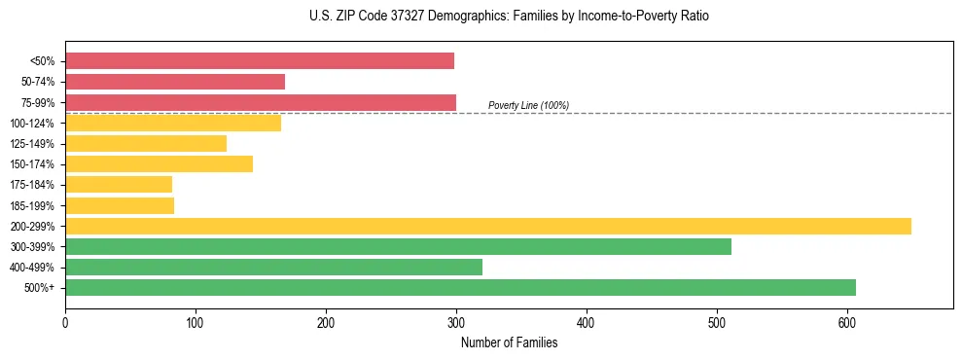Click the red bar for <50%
tap(260, 61)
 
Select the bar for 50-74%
tap(175, 82)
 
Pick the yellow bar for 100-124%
tap(173, 123)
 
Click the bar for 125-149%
tap(146, 144)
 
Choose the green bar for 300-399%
tap(398, 247)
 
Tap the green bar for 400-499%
tap(273, 268)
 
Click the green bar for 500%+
tap(460, 288)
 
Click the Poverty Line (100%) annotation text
tap(528, 105)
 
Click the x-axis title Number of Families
tap(509, 342)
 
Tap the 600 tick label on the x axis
tap(847, 322)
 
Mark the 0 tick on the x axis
tap(65, 322)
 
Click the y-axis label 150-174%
tap(32, 164)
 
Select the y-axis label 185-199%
tap(32, 206)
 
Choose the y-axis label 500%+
tap(39, 288)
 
